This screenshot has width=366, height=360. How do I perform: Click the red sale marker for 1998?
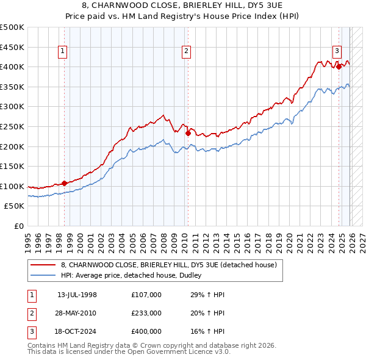[64, 183]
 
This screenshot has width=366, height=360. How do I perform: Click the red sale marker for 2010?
[188, 133]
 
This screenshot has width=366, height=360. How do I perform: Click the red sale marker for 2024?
[339, 67]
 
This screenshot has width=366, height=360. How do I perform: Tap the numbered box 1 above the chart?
[63, 51]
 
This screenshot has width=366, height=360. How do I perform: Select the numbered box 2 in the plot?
[186, 51]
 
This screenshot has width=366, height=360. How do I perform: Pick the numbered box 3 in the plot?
[337, 51]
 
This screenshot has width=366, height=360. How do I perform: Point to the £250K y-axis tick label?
[12, 126]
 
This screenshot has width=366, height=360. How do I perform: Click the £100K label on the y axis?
[12, 186]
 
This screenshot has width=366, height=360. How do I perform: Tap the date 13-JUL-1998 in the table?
[77, 294]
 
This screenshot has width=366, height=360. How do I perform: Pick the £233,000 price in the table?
[146, 313]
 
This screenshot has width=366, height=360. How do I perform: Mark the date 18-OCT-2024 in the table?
[77, 332]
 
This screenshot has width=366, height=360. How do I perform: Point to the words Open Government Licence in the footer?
[177, 353]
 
